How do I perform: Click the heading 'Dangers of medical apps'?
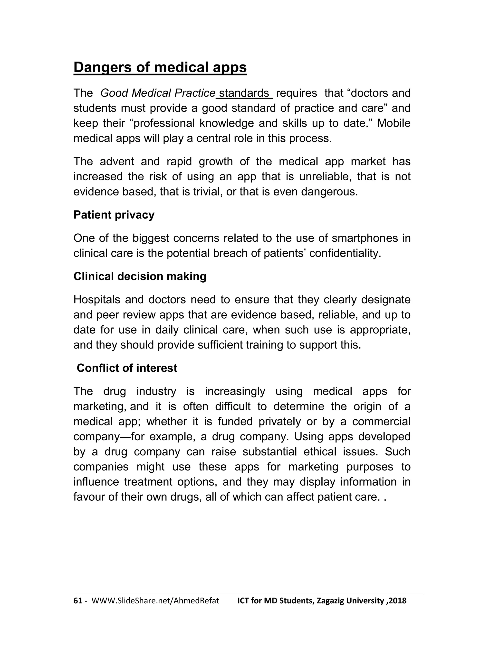click(160, 67)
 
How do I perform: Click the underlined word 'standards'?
click(244, 93)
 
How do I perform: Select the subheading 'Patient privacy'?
click(114, 215)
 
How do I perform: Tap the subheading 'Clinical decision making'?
click(140, 276)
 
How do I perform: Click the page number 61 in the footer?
click(78, 601)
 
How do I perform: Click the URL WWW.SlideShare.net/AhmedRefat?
click(155, 601)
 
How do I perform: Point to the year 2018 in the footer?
click(398, 601)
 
